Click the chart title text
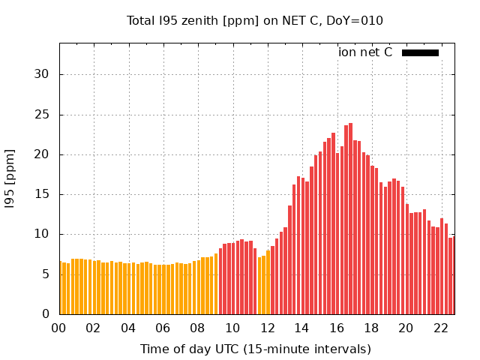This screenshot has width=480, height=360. pyautogui.click(x=255, y=21)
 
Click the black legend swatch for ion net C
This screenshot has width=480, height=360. pyautogui.click(x=420, y=52)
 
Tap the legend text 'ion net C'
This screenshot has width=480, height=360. pyautogui.click(x=365, y=52)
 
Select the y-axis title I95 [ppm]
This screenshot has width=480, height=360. pyautogui.click(x=10, y=179)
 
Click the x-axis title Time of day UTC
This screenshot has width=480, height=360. pyautogui.click(x=255, y=349)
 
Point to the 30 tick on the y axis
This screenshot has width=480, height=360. pyautogui.click(x=43, y=74)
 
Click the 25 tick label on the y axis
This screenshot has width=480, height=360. pyautogui.click(x=43, y=115)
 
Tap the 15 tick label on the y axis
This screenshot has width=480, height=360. pyautogui.click(x=43, y=194)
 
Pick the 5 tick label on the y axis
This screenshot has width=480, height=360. pyautogui.click(x=46, y=274)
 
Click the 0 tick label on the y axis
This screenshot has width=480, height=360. pyautogui.click(x=46, y=314)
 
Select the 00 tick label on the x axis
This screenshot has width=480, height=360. pyautogui.click(x=59, y=328)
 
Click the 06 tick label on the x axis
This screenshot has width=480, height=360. pyautogui.click(x=163, y=328)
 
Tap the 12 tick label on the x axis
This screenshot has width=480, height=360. pyautogui.click(x=267, y=328)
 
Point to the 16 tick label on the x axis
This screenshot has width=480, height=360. pyautogui.click(x=337, y=328)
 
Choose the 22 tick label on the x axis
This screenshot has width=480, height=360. pyautogui.click(x=441, y=328)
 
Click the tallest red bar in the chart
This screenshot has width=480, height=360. pyautogui.click(x=350, y=217)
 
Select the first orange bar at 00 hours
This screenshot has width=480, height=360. pyautogui.click(x=61, y=288)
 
